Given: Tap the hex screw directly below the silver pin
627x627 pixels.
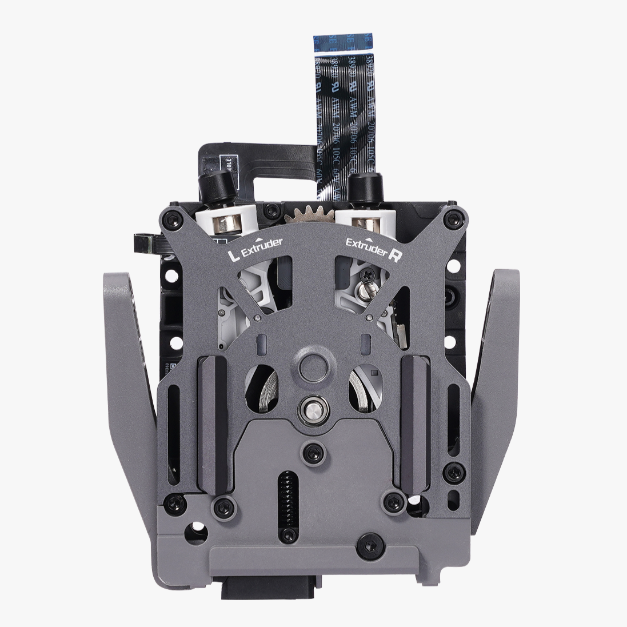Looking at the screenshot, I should pyautogui.click(x=313, y=453).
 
